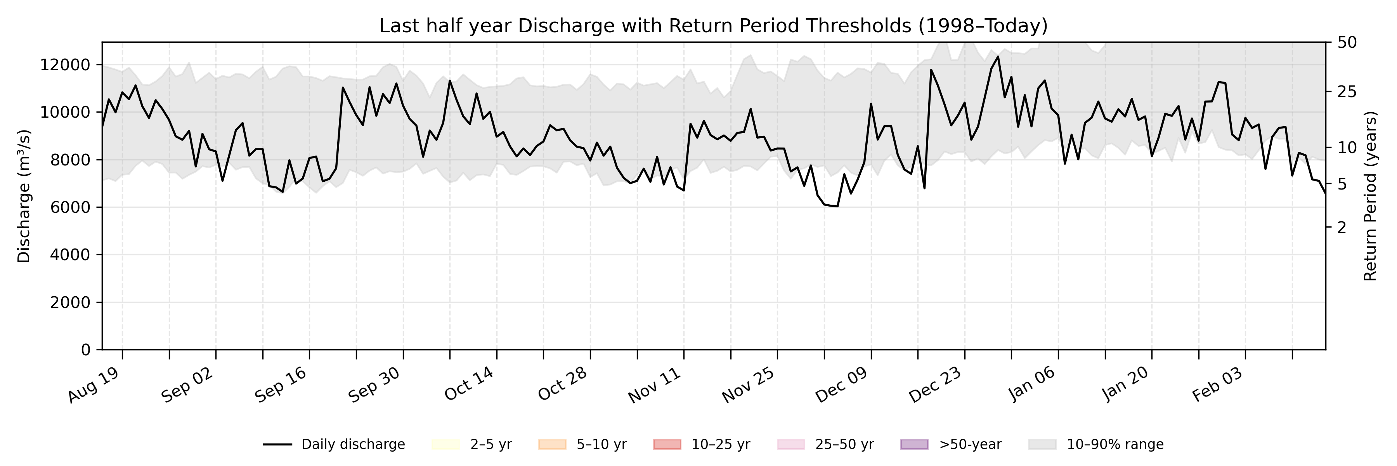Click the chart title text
pyautogui.click(x=713, y=26)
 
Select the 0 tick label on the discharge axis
pyautogui.click(x=86, y=350)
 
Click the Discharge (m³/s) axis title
pyautogui.click(x=24, y=196)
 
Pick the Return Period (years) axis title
pyautogui.click(x=1371, y=196)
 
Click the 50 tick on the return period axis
pyautogui.click(x=1347, y=42)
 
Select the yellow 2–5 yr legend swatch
pyautogui.click(x=446, y=444)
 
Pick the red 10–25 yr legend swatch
pyautogui.click(x=667, y=444)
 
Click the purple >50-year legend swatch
pyautogui.click(x=914, y=444)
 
